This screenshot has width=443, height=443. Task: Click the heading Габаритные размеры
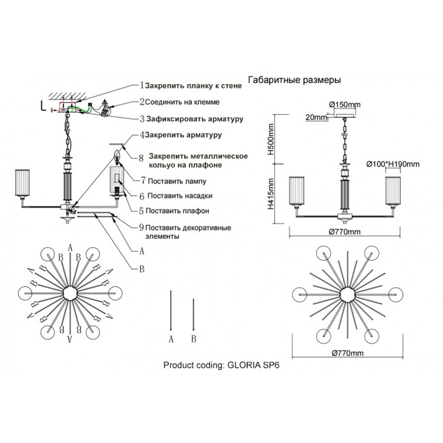pos(294,80)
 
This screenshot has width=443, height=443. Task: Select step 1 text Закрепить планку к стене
pos(193,85)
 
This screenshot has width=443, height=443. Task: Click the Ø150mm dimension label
pos(345,104)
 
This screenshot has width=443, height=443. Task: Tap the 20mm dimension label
pos(315,117)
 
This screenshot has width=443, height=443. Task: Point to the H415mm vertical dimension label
pos(271,197)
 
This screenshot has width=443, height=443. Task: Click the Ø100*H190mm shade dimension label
pos(393,164)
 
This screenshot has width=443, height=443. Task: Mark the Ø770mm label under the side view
pos(345,232)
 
